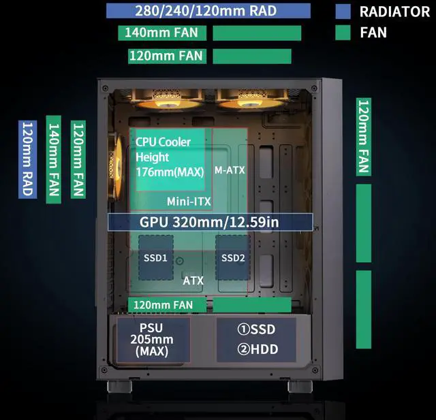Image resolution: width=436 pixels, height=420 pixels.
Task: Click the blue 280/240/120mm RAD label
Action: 208,11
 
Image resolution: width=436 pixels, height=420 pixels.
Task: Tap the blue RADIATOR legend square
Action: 343,12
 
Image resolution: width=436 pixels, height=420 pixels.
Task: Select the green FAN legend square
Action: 343,32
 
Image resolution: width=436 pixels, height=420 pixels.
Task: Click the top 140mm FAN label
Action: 161,33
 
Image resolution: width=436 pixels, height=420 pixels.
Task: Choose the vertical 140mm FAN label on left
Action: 53,159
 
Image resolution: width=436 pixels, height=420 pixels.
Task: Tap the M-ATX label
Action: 229,169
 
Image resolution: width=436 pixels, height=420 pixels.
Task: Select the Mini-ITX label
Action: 189,201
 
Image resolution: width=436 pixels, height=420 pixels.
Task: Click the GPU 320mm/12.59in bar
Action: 210,222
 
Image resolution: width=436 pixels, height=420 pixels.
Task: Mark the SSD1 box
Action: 155,257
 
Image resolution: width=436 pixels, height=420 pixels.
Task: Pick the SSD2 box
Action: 233,257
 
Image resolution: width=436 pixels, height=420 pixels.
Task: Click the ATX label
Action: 193,280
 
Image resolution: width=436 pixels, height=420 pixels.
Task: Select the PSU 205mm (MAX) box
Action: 152,339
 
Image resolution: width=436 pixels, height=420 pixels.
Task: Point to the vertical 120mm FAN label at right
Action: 363,137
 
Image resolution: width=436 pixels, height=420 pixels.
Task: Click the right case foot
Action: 300,386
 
